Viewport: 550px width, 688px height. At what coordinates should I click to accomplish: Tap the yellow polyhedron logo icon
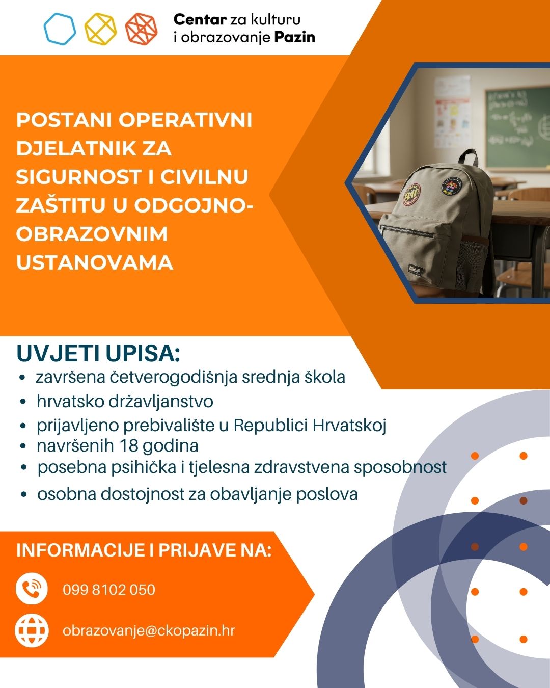[x=100, y=29]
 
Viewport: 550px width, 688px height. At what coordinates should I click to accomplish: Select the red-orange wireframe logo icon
[x=141, y=29]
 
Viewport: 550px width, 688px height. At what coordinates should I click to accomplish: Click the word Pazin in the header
[x=295, y=37]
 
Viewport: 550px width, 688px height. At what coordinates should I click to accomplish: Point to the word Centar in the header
[x=200, y=20]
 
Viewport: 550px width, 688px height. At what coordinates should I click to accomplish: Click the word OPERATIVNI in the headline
[x=185, y=120]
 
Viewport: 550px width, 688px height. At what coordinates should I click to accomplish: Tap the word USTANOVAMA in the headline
[x=95, y=263]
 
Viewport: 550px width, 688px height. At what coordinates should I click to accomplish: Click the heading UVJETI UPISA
[x=98, y=354]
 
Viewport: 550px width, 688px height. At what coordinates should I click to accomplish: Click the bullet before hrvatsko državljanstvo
[x=22, y=402]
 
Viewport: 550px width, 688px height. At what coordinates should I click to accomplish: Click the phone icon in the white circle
[x=32, y=589]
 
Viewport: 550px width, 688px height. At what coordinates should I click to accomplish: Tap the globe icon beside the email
[x=32, y=630]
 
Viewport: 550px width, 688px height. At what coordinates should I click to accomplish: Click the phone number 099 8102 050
[x=109, y=590]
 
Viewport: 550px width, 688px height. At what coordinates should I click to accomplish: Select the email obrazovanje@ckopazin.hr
[x=149, y=630]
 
